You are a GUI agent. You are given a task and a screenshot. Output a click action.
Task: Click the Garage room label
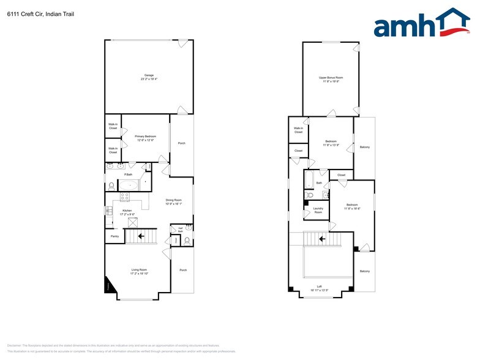click(x=149, y=75)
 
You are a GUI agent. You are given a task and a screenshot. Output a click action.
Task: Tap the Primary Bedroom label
click(x=146, y=136)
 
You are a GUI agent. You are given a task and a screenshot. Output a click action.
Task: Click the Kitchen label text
click(x=127, y=210)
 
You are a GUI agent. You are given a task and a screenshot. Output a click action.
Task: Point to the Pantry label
click(x=114, y=236)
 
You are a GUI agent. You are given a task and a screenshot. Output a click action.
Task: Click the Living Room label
click(x=139, y=269)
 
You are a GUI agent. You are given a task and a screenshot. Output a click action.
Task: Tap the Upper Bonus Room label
click(x=331, y=78)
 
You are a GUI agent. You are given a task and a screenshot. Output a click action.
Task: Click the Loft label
click(x=319, y=286)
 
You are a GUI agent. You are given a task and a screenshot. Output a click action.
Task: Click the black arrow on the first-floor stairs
click(x=141, y=234)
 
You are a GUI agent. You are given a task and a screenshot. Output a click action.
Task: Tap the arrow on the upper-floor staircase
click(x=321, y=238)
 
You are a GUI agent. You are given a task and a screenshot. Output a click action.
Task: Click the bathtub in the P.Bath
click(x=129, y=185)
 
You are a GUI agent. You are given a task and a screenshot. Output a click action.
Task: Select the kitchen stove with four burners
click(x=124, y=197)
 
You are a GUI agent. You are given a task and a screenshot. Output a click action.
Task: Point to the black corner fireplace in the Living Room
click(x=110, y=285)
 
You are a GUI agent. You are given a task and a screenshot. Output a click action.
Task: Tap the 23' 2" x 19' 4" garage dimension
click(x=149, y=80)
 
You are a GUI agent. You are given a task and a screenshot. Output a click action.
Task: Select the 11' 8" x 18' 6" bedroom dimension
click(x=352, y=209)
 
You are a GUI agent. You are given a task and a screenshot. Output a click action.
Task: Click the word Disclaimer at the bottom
click(x=14, y=345)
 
